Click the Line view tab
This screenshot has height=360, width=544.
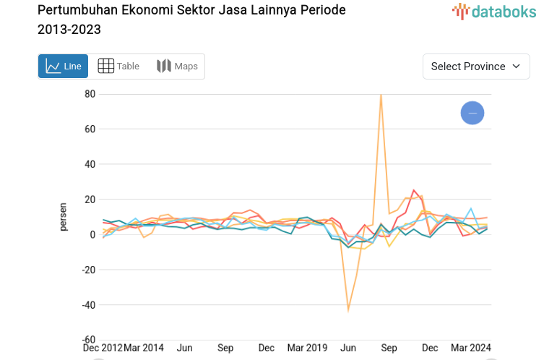(x=63, y=67)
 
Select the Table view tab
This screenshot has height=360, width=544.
(x=118, y=67)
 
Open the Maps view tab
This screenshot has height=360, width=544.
(x=177, y=67)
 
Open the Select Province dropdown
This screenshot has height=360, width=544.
(x=475, y=67)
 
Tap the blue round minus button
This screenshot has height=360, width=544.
(x=472, y=113)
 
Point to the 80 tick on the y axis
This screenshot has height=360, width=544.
(x=90, y=94)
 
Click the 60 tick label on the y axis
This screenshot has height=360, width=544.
(x=90, y=129)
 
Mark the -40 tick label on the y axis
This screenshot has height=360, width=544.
(x=87, y=304)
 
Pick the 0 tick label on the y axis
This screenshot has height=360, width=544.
(x=92, y=234)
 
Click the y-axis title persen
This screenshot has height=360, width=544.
(x=63, y=217)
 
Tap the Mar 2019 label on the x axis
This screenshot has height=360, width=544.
(x=307, y=348)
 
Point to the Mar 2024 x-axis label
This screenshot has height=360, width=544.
(x=470, y=348)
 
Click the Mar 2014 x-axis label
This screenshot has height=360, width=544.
(x=144, y=348)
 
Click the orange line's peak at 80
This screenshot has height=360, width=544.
(x=381, y=95)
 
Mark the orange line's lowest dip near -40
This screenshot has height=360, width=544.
(x=348, y=310)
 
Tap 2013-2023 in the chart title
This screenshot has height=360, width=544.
(x=69, y=30)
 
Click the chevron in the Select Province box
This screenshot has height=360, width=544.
(x=516, y=67)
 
